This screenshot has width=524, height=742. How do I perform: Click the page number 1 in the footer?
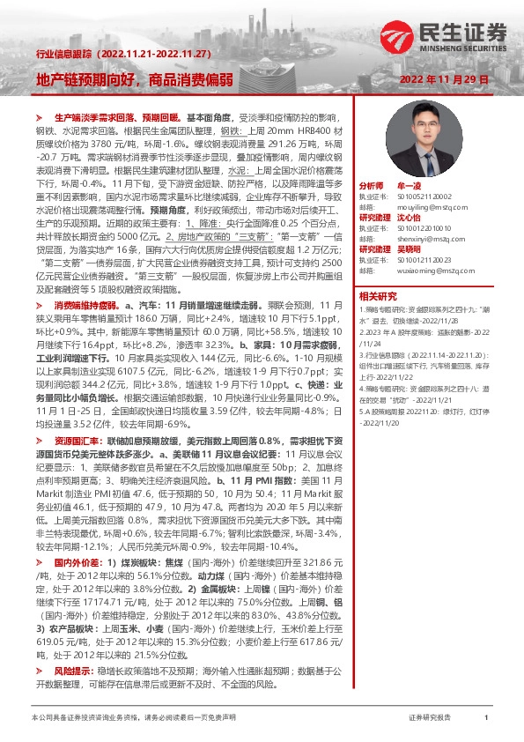coord(486,719)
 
